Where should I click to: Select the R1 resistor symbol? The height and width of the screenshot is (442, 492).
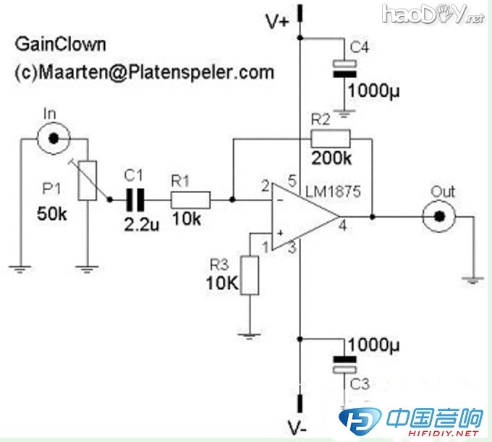(x=190, y=198)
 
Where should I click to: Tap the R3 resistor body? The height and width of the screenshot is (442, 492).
(x=249, y=275)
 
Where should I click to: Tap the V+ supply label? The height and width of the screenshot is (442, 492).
(x=279, y=22)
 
